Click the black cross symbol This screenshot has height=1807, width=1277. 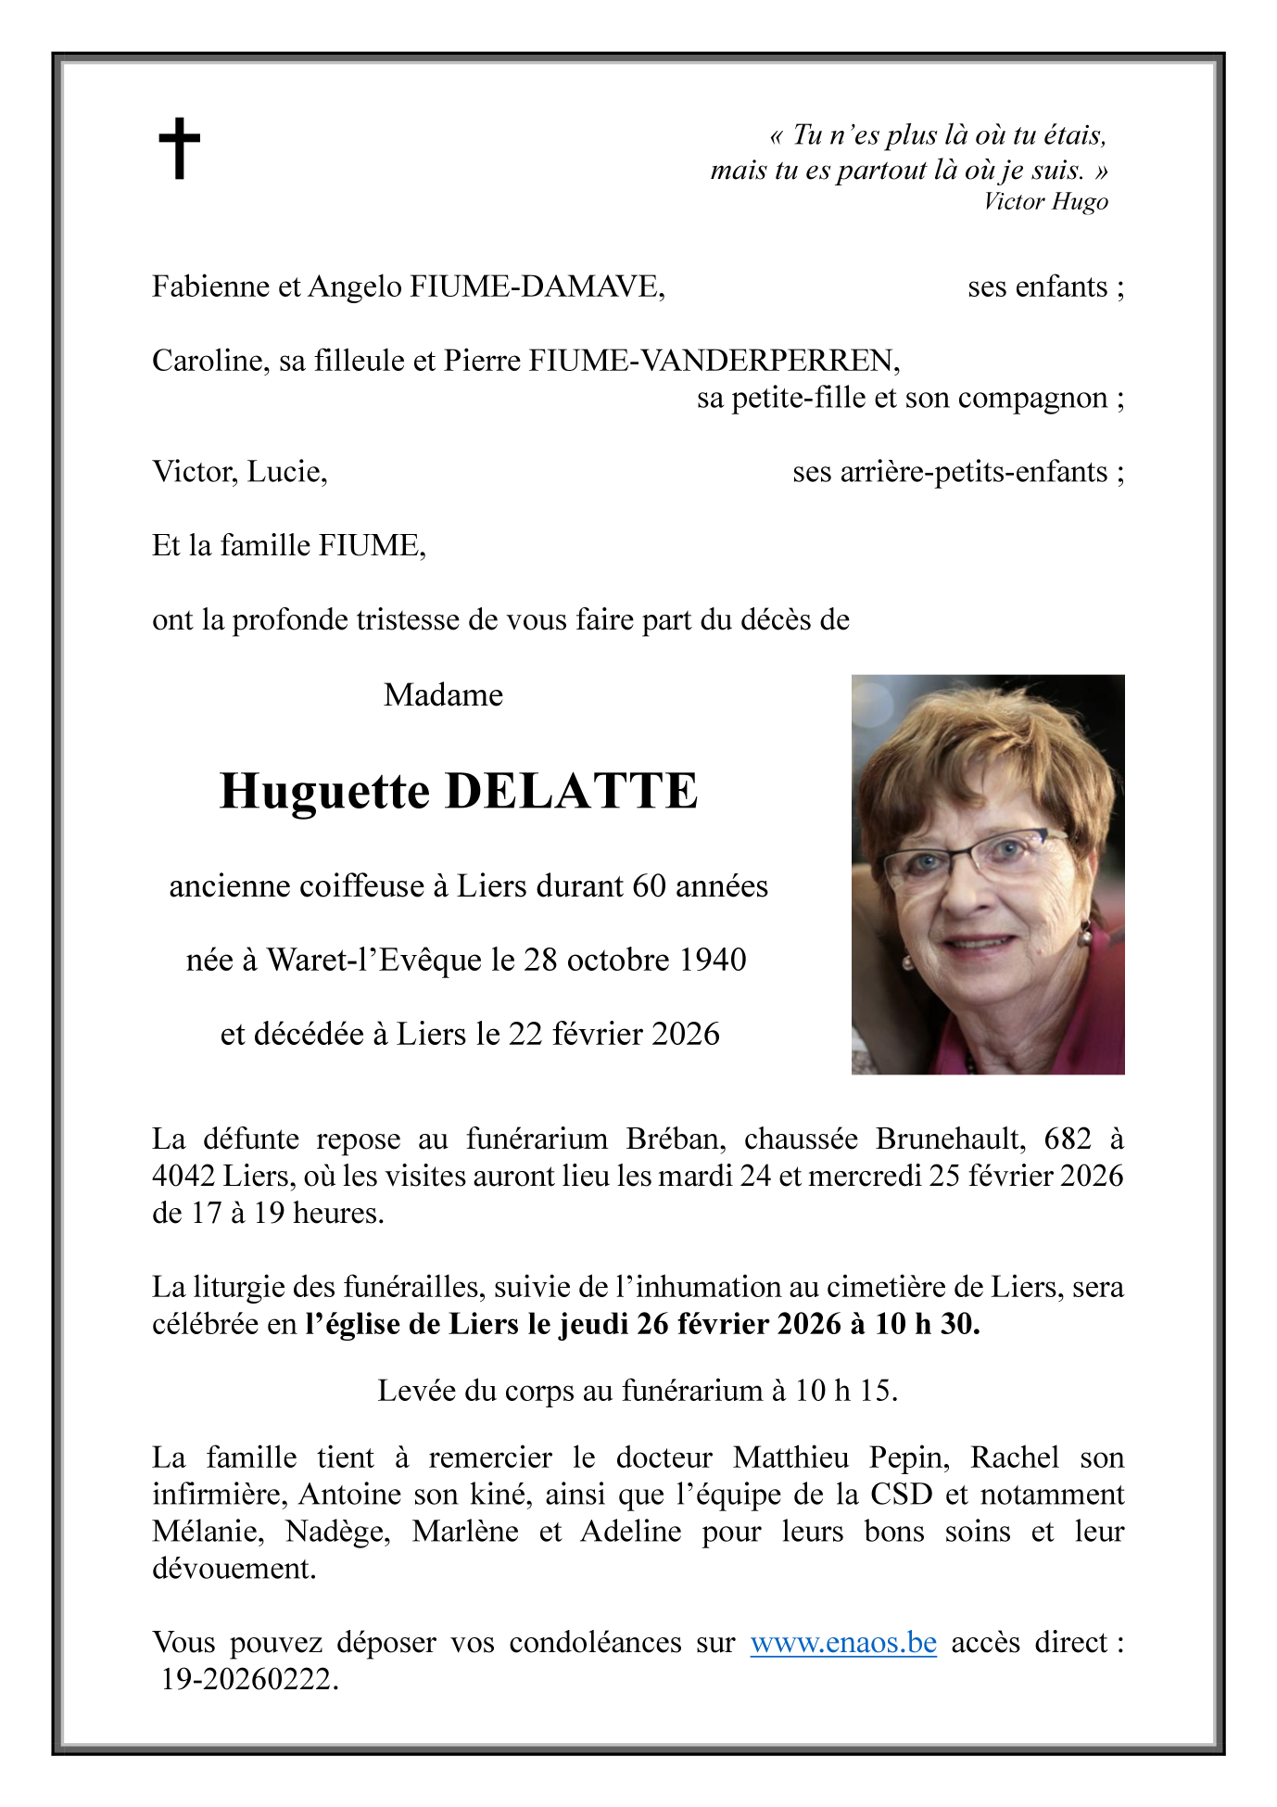[x=179, y=148]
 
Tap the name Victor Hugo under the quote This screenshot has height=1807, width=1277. [x=1045, y=201]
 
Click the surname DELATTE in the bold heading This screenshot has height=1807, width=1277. [x=571, y=792]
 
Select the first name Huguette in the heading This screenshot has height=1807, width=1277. [x=324, y=792]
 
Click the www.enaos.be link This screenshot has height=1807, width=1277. [x=843, y=1643]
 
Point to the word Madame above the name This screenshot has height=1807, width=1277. [x=443, y=694]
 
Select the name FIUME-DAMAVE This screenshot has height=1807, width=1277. [x=537, y=286]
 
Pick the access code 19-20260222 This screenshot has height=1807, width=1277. [x=249, y=1679]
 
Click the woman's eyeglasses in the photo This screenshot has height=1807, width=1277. [x=973, y=858]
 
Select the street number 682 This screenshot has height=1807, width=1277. [x=1068, y=1139]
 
